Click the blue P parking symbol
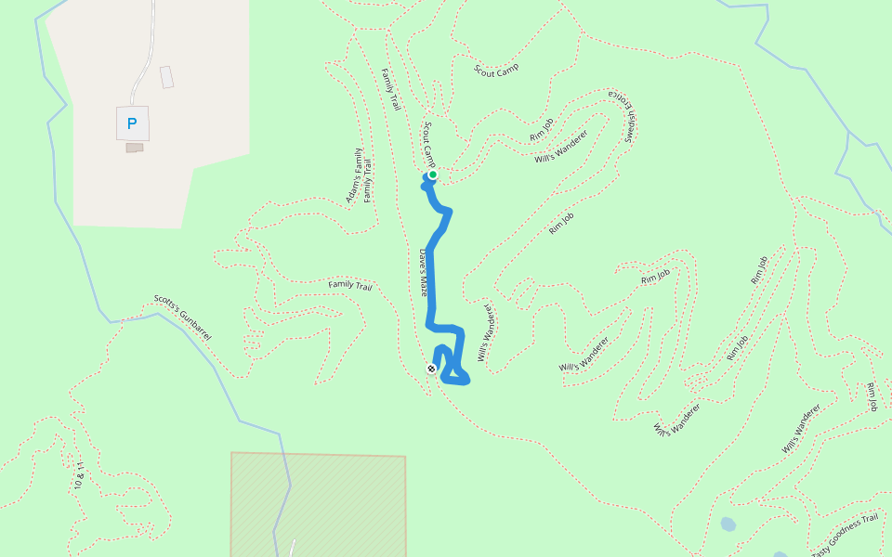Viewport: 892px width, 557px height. (x=132, y=123)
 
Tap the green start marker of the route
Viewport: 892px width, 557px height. (x=432, y=175)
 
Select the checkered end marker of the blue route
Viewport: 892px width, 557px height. (x=431, y=369)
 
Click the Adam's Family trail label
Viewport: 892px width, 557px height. (x=353, y=176)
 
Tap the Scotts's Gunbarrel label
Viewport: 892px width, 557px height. (x=182, y=317)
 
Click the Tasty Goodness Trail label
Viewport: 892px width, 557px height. (x=845, y=534)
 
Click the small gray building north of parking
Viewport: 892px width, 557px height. (x=166, y=77)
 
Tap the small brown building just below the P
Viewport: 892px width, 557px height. (x=135, y=148)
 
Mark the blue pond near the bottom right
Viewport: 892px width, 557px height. (x=728, y=525)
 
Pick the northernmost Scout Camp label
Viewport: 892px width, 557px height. (x=496, y=70)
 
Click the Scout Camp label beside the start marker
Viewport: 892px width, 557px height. (x=429, y=141)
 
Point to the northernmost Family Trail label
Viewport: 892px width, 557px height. (x=391, y=90)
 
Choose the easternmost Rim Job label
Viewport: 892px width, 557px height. (x=872, y=396)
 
